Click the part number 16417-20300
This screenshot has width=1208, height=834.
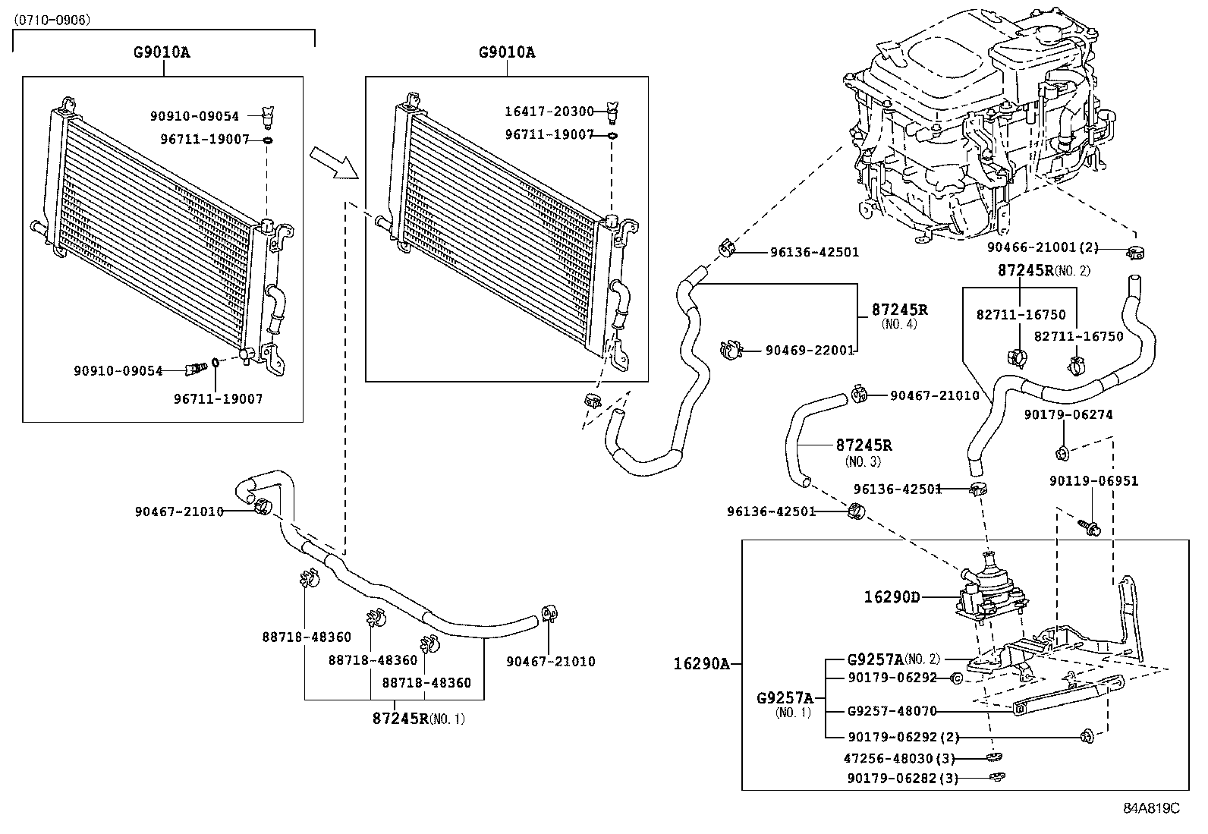(x=549, y=112)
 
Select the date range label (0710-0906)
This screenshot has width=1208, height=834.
(x=52, y=20)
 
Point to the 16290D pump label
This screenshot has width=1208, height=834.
(x=892, y=597)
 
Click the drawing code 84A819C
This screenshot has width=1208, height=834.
(x=1152, y=809)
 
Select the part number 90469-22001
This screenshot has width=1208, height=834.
(x=810, y=351)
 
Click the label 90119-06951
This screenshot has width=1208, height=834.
(x=1093, y=481)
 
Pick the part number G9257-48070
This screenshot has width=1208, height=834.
(x=892, y=711)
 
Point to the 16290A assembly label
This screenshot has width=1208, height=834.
(x=701, y=664)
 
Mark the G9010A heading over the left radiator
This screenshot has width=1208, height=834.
(x=162, y=52)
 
